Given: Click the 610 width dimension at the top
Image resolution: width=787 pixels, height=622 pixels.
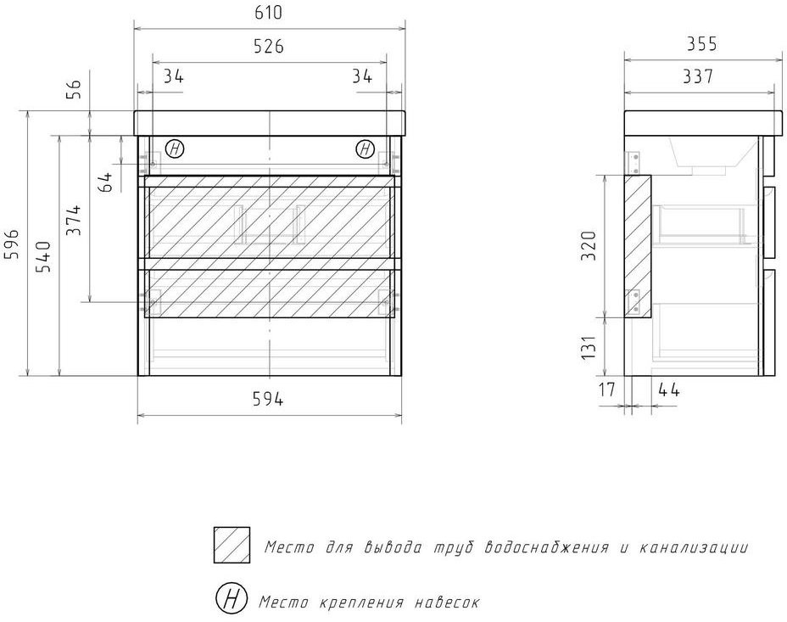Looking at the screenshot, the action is click(269, 13).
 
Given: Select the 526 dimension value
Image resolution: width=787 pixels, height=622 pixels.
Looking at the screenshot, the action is click(269, 46).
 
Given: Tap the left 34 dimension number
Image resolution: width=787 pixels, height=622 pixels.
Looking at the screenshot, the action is click(174, 76).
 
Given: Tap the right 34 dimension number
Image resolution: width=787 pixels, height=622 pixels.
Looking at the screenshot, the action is click(362, 76).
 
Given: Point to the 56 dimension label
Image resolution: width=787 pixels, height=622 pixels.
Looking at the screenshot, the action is click(74, 89).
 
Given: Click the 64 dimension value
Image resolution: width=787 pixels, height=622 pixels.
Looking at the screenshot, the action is click(106, 182).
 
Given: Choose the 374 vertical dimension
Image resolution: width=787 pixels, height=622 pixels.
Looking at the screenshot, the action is click(74, 220).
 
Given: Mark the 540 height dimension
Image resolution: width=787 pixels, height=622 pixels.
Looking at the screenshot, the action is click(42, 256).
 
